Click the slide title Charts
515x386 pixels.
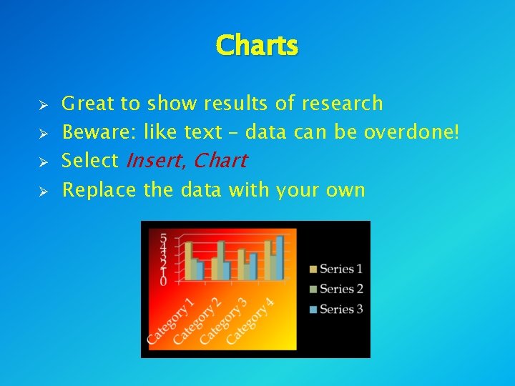click(257, 46)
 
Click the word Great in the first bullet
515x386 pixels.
click(88, 104)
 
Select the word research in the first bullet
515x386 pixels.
click(342, 104)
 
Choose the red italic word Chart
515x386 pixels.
click(220, 161)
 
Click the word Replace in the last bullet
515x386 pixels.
click(99, 190)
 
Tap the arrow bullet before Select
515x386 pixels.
click(43, 162)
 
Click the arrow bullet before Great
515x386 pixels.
click(43, 104)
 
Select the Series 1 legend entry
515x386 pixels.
click(336, 269)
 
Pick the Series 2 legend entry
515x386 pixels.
click(336, 289)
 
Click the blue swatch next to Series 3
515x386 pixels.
click(313, 310)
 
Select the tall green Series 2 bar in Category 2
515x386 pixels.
click(221, 260)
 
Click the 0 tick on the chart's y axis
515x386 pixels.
click(164, 282)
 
